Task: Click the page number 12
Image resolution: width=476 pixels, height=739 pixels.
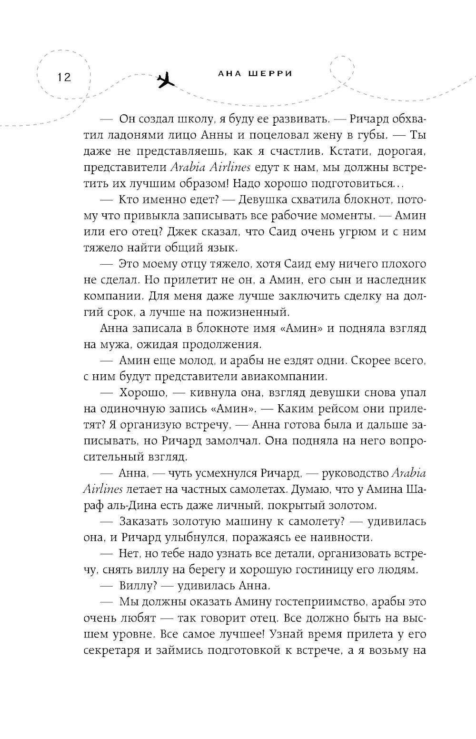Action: (63, 77)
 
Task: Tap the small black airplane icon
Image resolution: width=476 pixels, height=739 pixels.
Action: (165, 81)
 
